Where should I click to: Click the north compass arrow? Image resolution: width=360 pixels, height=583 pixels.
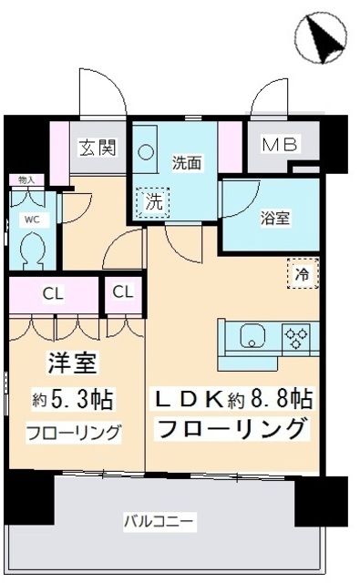[x=323, y=38]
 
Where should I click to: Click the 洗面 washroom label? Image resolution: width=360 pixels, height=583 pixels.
[x=187, y=163]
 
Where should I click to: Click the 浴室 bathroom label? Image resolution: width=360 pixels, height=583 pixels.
[x=274, y=219]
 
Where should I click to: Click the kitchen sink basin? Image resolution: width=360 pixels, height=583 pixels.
[x=252, y=338]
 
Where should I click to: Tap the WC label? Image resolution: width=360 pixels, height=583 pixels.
[x=30, y=219]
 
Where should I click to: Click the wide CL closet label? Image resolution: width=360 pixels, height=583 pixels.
[x=52, y=293]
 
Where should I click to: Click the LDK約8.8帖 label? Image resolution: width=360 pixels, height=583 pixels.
[x=232, y=397]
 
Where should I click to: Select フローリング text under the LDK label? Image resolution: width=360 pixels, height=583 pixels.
[x=232, y=427]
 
